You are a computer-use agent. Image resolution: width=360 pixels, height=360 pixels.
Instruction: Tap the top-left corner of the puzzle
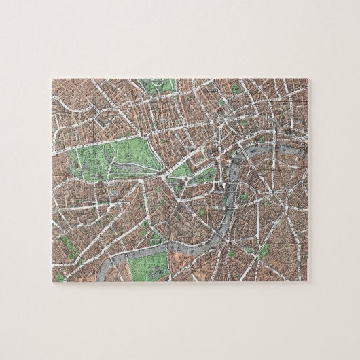(51, 79)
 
